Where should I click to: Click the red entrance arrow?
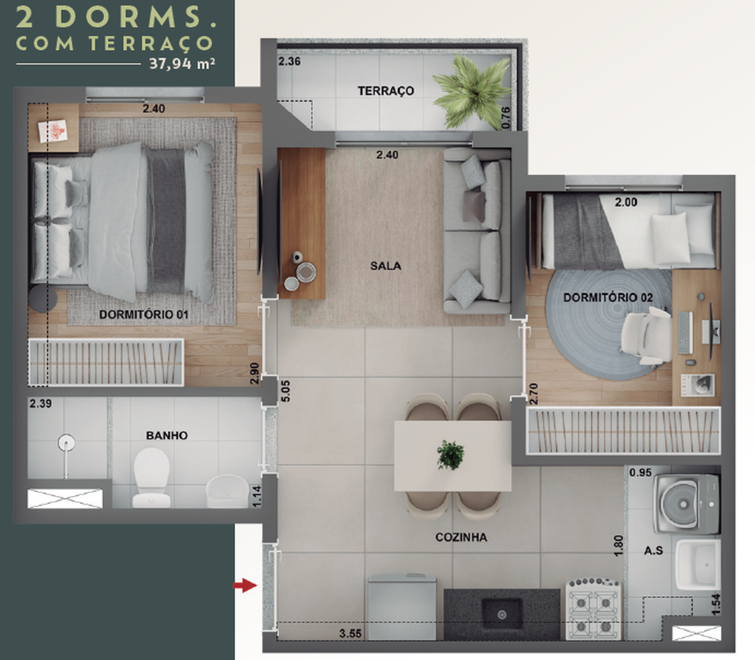click(245, 585)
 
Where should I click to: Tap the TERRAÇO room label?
click(386, 91)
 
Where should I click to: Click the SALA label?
click(386, 265)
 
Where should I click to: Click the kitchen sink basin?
click(502, 613)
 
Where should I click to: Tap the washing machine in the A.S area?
click(686, 503)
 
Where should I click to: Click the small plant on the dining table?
click(450, 455)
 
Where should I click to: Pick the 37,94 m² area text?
click(182, 64)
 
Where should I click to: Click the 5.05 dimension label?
click(285, 391)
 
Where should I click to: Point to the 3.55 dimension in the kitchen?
click(350, 634)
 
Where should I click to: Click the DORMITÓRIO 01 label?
click(144, 315)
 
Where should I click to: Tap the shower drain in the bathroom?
click(66, 443)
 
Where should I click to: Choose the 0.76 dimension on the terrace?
click(506, 118)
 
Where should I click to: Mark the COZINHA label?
click(461, 538)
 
